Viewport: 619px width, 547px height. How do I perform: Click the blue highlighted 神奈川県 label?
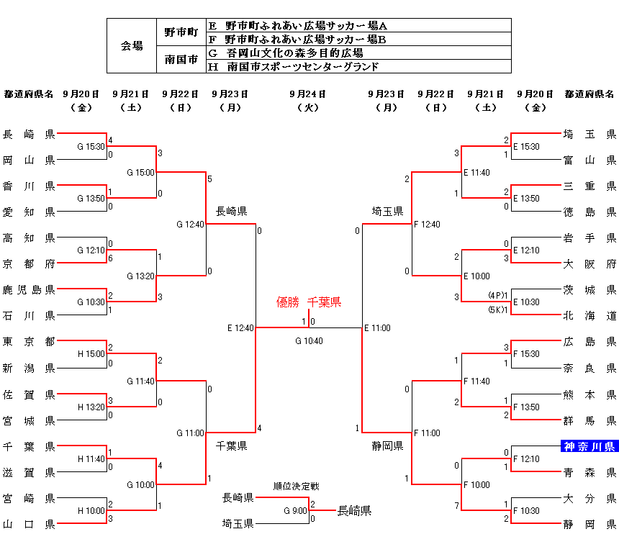point(589,446)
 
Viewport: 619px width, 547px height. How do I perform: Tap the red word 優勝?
point(288,302)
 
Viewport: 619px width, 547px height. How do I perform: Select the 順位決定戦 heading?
point(291,485)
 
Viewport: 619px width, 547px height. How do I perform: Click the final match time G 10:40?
point(309,341)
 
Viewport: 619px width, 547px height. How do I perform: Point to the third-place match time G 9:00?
point(295,511)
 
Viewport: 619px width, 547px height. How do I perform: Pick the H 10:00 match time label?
point(91,511)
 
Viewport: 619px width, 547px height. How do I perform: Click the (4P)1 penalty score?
point(497,295)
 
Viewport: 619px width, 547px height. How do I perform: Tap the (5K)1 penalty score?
point(497,309)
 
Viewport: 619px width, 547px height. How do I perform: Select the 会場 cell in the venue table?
point(132,46)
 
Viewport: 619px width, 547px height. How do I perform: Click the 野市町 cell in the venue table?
point(181,32)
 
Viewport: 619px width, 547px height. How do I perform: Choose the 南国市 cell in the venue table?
point(181,60)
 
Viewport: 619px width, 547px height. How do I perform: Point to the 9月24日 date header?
point(308,94)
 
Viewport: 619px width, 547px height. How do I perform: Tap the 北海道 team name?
point(589,315)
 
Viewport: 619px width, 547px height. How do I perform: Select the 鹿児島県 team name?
point(29,289)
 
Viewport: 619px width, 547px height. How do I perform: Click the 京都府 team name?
point(29,263)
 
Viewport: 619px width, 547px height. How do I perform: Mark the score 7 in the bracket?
point(456,506)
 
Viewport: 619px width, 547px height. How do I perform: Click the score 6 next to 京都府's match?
point(110,258)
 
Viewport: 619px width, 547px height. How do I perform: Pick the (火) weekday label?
point(308,107)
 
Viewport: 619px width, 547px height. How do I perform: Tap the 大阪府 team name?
point(589,263)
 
